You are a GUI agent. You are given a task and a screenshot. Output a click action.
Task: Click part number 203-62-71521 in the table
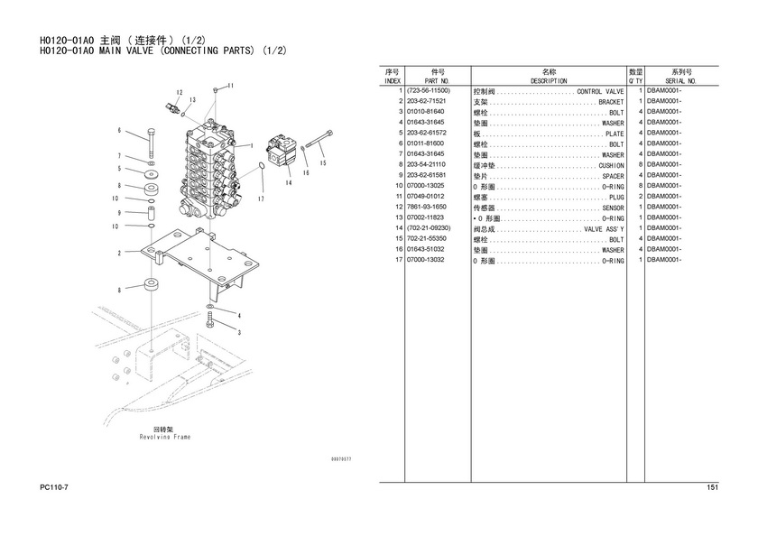(426, 101)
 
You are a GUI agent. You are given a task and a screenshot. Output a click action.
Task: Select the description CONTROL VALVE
(600, 91)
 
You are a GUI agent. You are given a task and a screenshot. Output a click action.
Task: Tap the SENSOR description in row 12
(613, 208)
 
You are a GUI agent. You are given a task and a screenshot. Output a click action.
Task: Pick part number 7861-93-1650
(426, 207)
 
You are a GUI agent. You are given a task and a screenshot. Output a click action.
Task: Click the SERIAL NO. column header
(680, 81)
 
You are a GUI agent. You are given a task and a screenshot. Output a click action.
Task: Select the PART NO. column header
(437, 81)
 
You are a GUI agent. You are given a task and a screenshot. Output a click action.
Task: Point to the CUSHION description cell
(612, 166)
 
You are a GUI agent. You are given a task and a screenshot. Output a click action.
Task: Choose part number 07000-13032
(425, 260)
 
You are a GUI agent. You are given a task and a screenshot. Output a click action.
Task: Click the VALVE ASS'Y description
(604, 229)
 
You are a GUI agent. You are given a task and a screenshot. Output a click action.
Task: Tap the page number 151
(713, 487)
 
